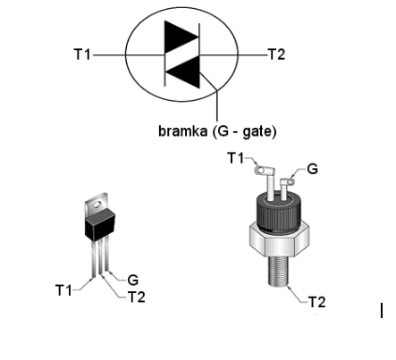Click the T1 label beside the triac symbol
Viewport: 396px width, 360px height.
82,54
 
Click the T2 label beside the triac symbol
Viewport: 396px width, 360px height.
276,54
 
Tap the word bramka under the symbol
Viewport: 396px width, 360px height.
182,130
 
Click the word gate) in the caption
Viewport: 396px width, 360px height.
259,131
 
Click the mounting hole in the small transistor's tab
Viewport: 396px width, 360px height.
97,205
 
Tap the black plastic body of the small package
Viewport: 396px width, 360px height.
100,224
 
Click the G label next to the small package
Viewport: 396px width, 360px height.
133,280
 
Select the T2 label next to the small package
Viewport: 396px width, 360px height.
137,297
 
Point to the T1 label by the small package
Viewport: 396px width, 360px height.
63,290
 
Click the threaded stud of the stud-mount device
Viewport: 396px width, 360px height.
279,271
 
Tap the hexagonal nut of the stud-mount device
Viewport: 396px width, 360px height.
279,239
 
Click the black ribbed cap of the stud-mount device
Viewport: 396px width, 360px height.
278,212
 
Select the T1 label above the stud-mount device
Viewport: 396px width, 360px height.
236,158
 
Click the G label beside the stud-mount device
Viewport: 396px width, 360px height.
312,169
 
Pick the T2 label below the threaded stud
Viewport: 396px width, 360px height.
316,302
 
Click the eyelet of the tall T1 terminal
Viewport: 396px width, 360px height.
260,170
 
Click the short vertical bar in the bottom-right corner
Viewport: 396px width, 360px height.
382,310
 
